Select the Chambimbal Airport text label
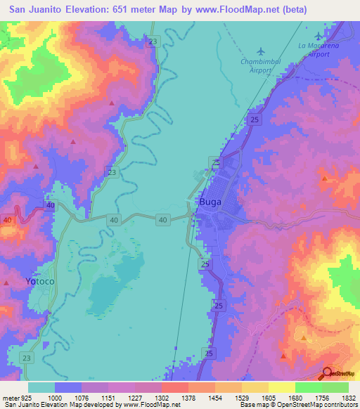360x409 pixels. point(262,65)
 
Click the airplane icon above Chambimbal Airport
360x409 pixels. point(262,51)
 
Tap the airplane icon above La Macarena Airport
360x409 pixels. point(319,36)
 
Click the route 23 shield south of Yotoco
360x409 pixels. point(26,358)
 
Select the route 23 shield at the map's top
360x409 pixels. point(153,42)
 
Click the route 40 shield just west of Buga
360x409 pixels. point(163,220)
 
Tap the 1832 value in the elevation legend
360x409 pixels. point(349,397)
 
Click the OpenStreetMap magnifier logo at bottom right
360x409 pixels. point(328,373)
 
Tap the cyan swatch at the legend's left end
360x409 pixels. point(41,387)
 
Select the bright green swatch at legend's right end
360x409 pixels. point(335,387)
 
